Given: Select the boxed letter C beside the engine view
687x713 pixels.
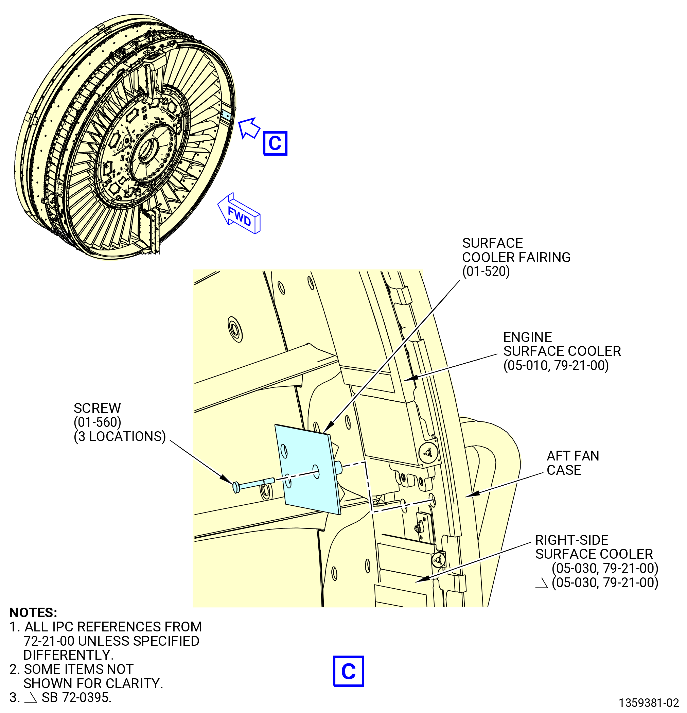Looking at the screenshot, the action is (275, 143).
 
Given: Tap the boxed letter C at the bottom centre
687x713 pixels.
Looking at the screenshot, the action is (348, 671).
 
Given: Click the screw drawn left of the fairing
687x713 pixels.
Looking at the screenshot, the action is (253, 485).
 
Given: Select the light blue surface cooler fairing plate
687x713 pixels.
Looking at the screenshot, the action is (308, 469).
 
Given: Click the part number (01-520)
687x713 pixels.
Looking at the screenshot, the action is (486, 272).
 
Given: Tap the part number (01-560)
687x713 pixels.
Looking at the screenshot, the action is (98, 422).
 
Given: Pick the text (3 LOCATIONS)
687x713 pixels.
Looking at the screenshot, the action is (120, 436).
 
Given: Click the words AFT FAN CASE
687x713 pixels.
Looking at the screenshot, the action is (573, 463).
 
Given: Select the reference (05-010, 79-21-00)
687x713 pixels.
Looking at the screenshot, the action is (556, 365).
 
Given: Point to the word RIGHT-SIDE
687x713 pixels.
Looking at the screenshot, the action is (572, 540).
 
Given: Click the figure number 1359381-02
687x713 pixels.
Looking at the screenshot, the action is (649, 702).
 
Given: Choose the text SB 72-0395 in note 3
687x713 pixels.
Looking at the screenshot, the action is (76, 697).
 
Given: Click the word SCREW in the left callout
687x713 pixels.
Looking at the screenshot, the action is (97, 408).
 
